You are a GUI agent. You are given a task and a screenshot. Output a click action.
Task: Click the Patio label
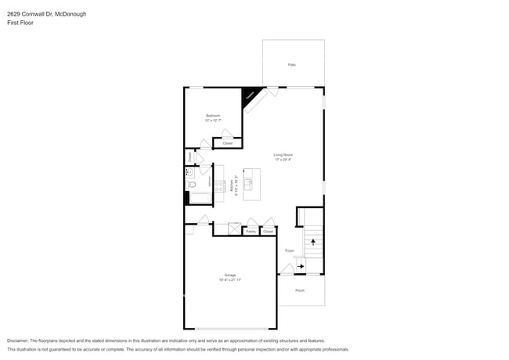(292, 65)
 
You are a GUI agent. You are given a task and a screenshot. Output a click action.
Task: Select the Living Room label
(283, 155)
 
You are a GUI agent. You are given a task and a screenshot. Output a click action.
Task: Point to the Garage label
(229, 275)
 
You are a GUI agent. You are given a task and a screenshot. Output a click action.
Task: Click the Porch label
(300, 290)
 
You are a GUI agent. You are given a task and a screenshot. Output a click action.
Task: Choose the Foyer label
(289, 250)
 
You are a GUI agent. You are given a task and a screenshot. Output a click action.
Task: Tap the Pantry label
(251, 232)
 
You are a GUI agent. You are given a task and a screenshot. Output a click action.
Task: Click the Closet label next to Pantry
(268, 232)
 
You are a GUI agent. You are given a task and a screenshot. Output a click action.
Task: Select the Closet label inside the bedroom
(228, 143)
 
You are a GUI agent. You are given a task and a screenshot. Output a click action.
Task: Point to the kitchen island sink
(248, 185)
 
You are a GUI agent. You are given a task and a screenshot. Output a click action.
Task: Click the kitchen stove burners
(219, 186)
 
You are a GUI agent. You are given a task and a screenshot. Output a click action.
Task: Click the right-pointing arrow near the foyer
(301, 267)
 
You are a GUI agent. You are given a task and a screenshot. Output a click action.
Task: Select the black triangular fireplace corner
(250, 94)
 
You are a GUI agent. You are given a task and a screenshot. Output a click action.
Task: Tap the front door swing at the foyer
(286, 268)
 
